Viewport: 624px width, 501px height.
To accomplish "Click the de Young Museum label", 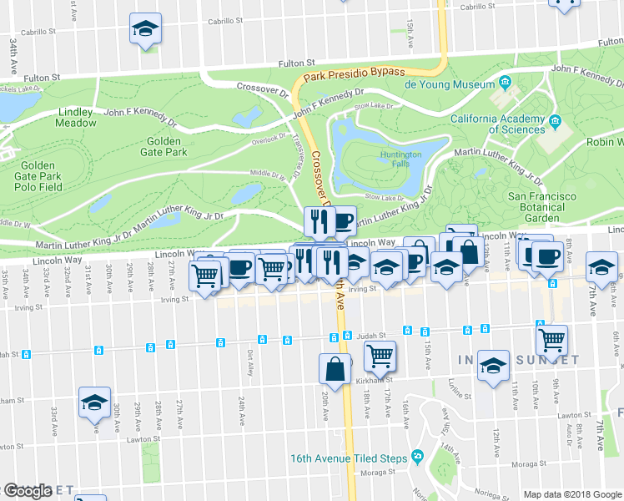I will tap(450, 84).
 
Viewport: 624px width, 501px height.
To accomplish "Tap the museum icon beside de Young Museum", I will tap(506, 83).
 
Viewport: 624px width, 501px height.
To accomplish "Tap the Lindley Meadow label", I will tap(77, 117).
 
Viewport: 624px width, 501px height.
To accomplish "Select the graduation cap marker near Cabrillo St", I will tap(146, 29).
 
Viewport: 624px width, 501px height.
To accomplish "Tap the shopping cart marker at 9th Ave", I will tap(551, 339).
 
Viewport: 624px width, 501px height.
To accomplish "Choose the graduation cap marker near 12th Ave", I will tap(494, 365).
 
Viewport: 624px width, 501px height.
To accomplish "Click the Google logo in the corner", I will tap(28, 491).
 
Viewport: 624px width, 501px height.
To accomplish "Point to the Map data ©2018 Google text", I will tap(571, 494).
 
